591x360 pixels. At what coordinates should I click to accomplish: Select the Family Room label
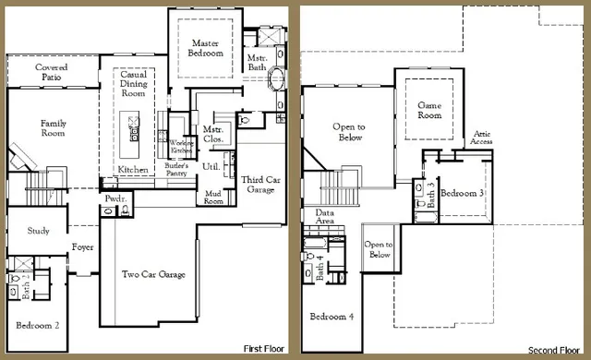[54, 128]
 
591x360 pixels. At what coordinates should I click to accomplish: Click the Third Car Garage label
[258, 184]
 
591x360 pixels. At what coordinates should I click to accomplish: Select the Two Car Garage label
[154, 274]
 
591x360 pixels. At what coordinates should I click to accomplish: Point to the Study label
[38, 231]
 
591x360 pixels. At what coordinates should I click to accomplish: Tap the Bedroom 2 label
[38, 325]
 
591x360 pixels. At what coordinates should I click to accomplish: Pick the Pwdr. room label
[115, 198]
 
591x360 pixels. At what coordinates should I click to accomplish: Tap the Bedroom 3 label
[462, 193]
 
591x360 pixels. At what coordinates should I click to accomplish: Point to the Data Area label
[324, 217]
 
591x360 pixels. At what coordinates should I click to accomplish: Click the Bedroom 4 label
[331, 317]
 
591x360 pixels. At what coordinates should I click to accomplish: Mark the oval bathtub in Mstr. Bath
[274, 93]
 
